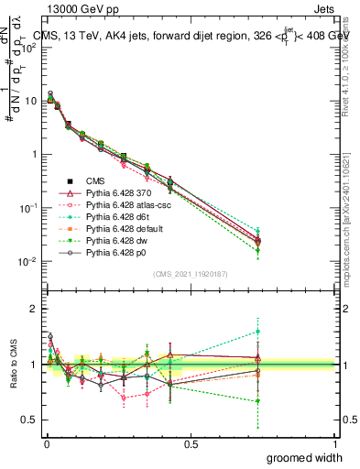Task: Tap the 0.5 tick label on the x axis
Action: [191, 443]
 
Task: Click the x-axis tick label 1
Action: [334, 443]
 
